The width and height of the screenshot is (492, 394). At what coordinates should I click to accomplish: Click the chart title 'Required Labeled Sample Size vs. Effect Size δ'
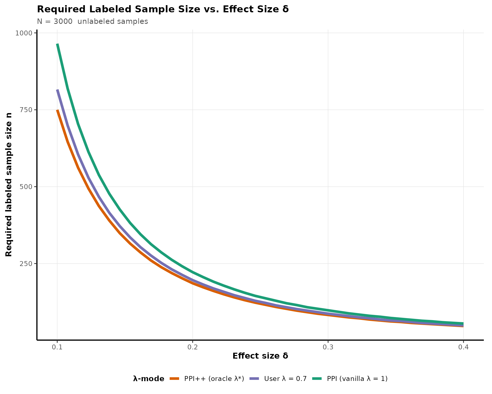click(x=163, y=9)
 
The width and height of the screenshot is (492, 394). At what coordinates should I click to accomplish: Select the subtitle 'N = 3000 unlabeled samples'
click(x=93, y=22)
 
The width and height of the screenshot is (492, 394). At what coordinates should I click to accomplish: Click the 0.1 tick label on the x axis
click(x=57, y=347)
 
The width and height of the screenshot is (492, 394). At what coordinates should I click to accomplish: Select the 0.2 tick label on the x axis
click(x=192, y=347)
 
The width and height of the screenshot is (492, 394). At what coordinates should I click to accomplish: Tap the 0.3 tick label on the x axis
click(x=328, y=347)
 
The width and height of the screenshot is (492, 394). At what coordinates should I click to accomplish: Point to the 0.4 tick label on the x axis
click(x=463, y=347)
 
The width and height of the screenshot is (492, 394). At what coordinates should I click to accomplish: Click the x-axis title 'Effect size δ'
click(x=260, y=356)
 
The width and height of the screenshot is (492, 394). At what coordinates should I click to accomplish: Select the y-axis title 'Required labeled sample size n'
click(x=9, y=185)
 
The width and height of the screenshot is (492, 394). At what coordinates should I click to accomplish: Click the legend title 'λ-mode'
click(x=149, y=379)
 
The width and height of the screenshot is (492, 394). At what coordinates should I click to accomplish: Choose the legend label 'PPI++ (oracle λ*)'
click(x=214, y=379)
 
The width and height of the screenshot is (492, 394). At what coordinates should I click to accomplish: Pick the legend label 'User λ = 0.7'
click(x=285, y=379)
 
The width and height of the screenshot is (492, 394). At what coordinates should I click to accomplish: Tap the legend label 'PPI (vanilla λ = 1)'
click(x=357, y=379)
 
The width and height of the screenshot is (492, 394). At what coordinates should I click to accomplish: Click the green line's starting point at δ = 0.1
click(x=57, y=44)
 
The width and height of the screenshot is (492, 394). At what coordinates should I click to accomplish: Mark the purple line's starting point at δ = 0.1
click(x=57, y=90)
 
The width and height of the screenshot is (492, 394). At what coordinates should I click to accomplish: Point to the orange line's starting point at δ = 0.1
click(x=57, y=110)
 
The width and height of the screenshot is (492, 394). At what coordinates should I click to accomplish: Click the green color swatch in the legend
click(x=317, y=379)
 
